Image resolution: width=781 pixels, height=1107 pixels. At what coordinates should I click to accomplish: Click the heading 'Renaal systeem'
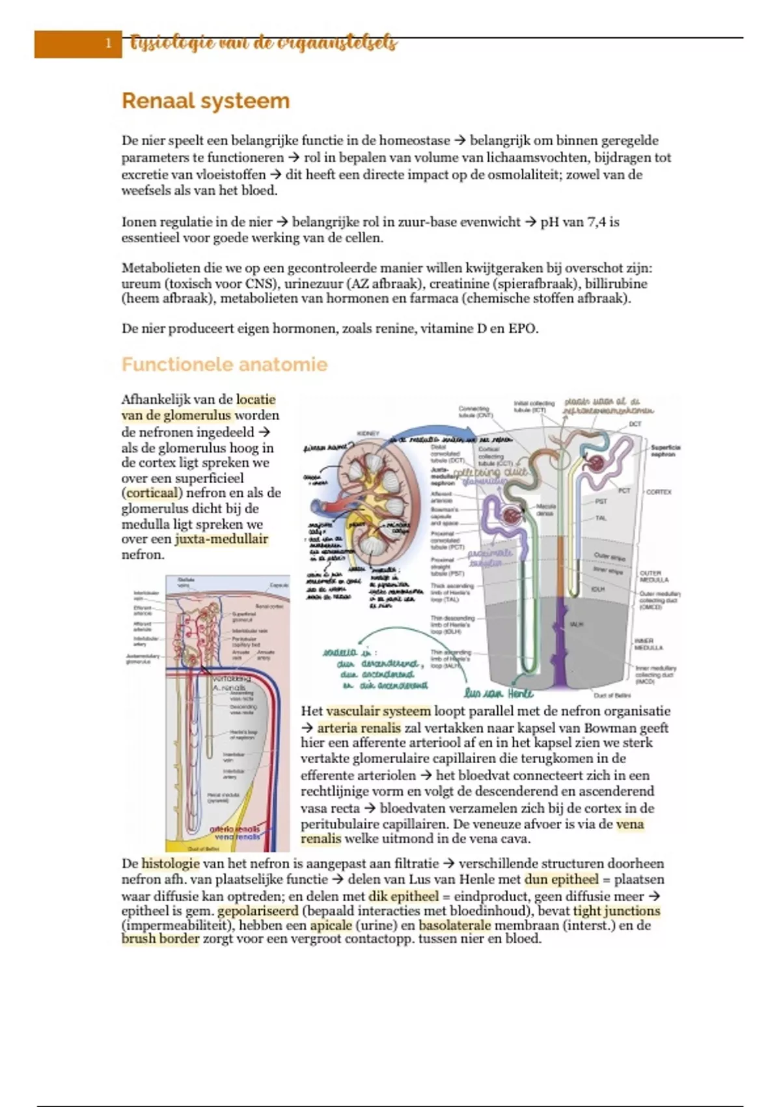coord(206,102)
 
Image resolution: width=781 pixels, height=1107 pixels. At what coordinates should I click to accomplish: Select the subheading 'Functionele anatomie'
coord(224,364)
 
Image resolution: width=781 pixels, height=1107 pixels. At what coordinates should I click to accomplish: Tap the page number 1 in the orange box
coord(108,44)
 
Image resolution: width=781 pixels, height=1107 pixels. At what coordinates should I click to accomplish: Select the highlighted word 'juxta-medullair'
coord(221,539)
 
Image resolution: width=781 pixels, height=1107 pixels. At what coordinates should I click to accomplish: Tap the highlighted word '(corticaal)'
coord(152,493)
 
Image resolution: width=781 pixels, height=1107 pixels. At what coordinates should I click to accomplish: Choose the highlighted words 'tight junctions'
coord(616,911)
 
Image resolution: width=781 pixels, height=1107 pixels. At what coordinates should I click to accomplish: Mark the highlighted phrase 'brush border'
coord(160,939)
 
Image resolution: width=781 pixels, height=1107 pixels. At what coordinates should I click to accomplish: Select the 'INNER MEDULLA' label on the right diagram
coord(648,644)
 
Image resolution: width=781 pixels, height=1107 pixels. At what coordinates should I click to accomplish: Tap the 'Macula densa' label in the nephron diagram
coord(545,509)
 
